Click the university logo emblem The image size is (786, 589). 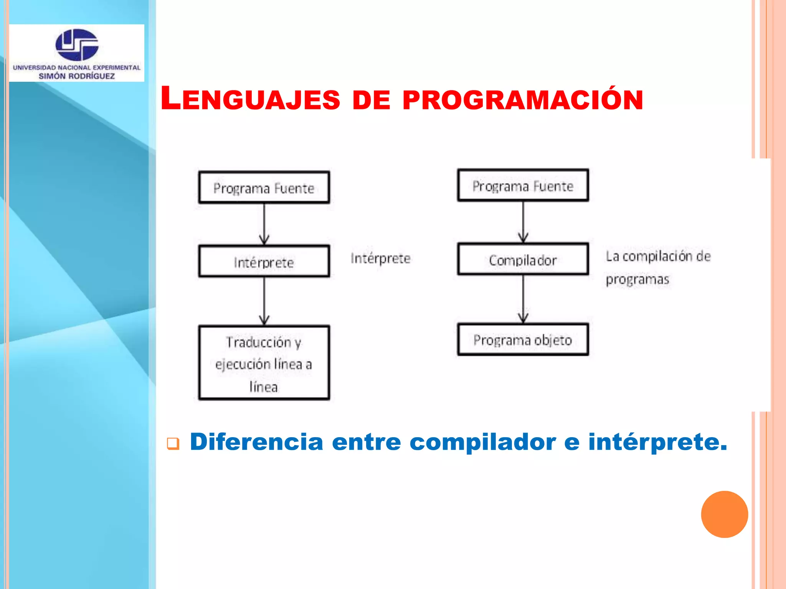pos(77,44)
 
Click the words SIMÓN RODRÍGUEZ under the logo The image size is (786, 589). pos(77,76)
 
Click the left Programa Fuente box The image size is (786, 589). pos(264,188)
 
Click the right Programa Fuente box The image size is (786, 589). pos(523,186)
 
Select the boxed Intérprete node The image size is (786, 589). pos(264,262)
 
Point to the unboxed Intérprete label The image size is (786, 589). pos(380,258)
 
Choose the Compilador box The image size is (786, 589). pos(523,260)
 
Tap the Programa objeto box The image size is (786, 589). pos(523,340)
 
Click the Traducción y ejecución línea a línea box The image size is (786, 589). pos(264,363)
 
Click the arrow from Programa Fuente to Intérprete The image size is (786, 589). pos(264,224)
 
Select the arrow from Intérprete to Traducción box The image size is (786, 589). pos(264,301)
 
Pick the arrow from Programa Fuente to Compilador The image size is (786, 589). pos(523,222)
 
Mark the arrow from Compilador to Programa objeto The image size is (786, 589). pos(523,299)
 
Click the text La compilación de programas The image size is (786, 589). pos(657,267)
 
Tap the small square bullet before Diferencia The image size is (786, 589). pos(173,444)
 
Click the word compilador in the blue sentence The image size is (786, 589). pos(482,442)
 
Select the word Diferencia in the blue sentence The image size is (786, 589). pos(256,441)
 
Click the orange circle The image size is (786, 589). pos(724,514)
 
